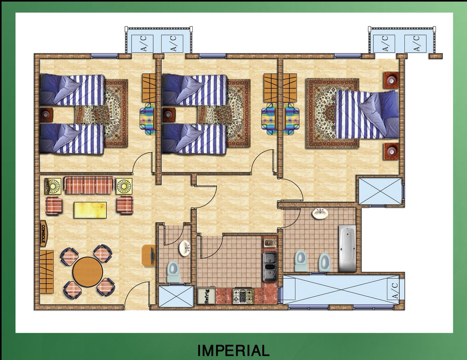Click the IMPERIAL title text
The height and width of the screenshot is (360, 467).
[233, 351]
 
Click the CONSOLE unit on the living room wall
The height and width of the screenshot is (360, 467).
[44, 234]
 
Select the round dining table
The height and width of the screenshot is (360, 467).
[88, 272]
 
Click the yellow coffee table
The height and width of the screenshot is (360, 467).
[90, 210]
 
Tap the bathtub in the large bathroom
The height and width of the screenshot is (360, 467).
[347, 248]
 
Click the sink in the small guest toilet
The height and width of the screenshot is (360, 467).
[184, 248]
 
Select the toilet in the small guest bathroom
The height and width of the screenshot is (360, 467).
[174, 271]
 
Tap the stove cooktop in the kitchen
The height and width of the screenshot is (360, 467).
[243, 296]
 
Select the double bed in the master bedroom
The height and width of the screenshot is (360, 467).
[367, 114]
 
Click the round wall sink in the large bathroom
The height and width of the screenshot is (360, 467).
[320, 213]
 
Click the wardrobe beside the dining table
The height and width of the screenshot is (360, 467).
[46, 272]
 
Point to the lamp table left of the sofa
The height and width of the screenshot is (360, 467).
[53, 186]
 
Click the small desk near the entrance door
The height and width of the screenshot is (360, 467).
[149, 255]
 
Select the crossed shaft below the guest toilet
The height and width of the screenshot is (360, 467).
[176, 296]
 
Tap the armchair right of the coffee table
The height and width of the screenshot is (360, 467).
[125, 205]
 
